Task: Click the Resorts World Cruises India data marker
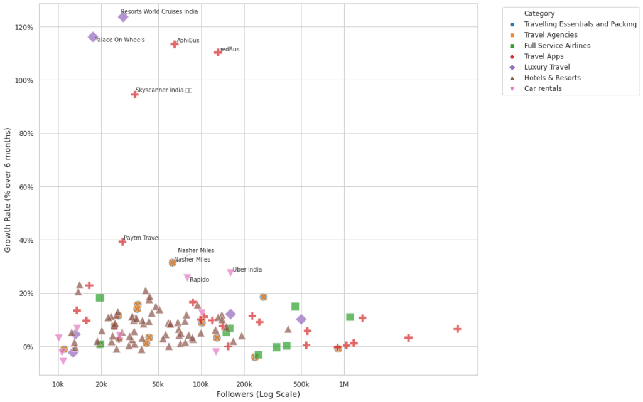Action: tap(123, 17)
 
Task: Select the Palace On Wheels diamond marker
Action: tap(93, 38)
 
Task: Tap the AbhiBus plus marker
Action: tap(175, 44)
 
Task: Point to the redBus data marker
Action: tap(218, 52)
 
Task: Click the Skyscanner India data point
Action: tap(134, 94)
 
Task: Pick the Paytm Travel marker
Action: tap(122, 241)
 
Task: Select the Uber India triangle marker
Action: tap(230, 272)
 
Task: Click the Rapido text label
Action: tap(199, 280)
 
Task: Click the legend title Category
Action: tap(539, 13)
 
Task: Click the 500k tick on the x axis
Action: tap(301, 382)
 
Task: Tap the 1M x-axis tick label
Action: tap(343, 382)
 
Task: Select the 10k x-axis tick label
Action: tap(58, 382)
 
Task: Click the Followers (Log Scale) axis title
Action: tap(257, 394)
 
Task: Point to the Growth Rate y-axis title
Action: tap(8, 190)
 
